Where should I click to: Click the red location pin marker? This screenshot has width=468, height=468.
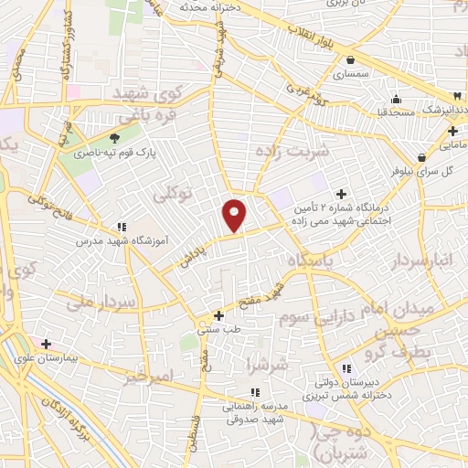(x=235, y=214)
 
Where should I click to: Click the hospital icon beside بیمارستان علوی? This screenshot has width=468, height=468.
(x=46, y=344)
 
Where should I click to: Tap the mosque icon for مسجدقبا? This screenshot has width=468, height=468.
(x=395, y=100)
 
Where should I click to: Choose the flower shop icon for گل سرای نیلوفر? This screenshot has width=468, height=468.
(x=420, y=157)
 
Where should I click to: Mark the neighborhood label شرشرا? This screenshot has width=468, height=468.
(x=267, y=365)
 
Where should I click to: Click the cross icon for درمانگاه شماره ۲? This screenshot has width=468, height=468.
(x=342, y=194)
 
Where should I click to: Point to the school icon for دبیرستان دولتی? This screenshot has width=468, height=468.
(x=345, y=367)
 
